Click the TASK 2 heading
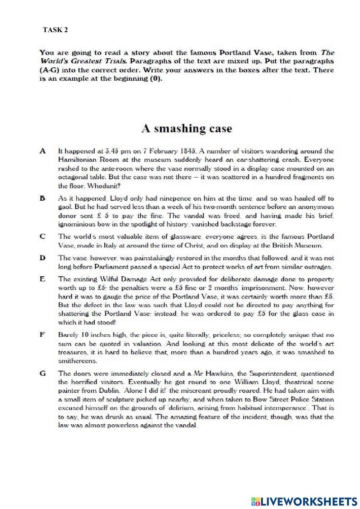click(55, 30)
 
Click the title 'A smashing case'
click(186, 129)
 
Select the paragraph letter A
click(43, 151)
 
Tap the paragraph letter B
click(42, 198)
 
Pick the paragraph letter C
click(42, 237)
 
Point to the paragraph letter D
click(42, 258)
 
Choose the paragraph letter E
click(42, 279)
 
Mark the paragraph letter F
click(42, 335)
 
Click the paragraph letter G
click(43, 374)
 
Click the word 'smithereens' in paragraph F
click(77, 361)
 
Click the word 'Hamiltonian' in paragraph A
click(76, 160)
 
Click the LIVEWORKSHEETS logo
click(303, 501)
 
